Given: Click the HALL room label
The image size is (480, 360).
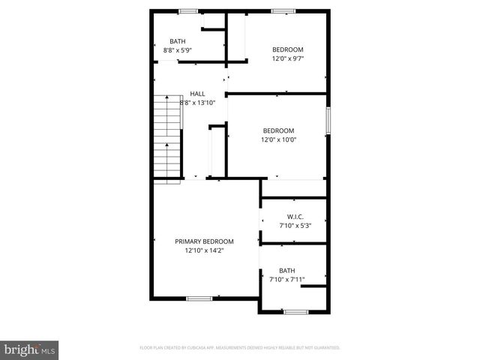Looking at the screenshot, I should point(198,94).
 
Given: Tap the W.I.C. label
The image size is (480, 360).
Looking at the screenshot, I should point(295,216).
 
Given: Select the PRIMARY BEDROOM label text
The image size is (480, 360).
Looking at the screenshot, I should point(204,241).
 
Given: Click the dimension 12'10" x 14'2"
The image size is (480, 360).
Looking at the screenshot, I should point(204,250).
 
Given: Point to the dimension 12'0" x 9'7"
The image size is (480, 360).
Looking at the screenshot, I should point(287,58).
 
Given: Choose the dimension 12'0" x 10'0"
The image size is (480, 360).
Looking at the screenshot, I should point(278,139).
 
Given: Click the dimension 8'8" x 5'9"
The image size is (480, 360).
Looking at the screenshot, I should point(178,50).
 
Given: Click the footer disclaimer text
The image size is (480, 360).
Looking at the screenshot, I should point(240,348).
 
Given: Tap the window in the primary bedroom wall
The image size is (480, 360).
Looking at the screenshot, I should point(199,298).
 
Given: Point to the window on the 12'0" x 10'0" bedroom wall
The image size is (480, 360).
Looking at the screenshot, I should point(328,120).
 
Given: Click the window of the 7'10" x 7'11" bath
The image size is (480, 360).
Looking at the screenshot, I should point(295,311).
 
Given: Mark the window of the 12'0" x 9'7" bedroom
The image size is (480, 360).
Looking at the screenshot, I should point(283,10).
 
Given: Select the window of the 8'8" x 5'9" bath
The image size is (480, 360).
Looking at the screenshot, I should point(188,10).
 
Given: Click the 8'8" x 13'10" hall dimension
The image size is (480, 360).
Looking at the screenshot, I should point(198,103).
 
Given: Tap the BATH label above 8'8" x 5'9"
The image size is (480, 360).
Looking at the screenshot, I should point(178,41).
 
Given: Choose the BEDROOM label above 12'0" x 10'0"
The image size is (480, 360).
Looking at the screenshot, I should point(278,130).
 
